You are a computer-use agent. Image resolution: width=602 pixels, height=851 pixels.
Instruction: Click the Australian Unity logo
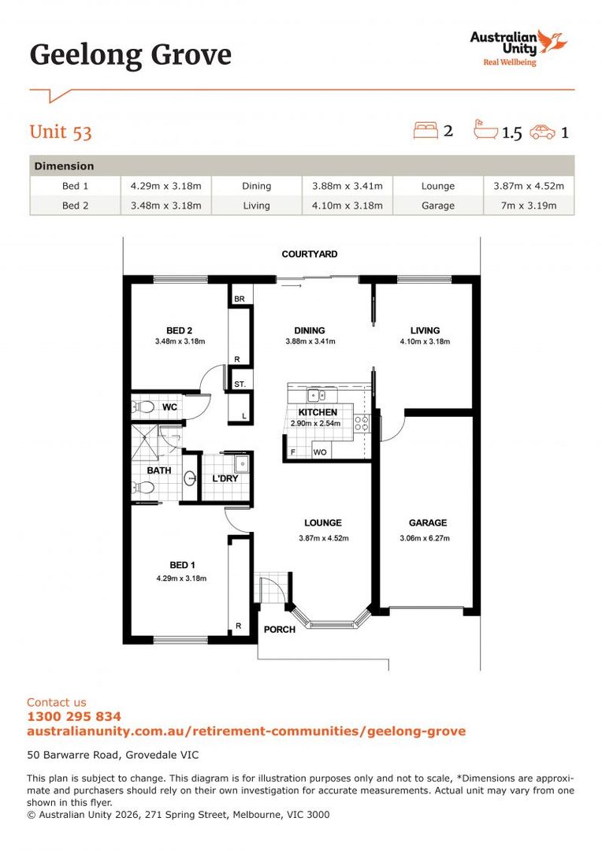click(518, 47)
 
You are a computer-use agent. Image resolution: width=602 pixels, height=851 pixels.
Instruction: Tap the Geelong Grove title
click(131, 55)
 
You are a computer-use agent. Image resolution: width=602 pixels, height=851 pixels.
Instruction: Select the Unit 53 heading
click(61, 132)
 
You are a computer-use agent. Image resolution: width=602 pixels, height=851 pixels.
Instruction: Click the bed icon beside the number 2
click(425, 130)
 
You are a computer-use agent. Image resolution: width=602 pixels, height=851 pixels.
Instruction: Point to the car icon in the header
click(542, 132)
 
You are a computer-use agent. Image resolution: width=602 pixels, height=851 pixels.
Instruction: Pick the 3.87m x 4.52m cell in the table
click(528, 186)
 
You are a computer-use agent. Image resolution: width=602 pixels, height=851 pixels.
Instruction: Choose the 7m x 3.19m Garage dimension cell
click(528, 206)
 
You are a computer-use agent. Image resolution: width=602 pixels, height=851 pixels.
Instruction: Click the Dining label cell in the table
click(256, 186)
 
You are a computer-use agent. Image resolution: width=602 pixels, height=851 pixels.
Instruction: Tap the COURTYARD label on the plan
click(310, 255)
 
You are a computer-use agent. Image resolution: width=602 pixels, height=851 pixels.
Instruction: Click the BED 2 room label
click(180, 330)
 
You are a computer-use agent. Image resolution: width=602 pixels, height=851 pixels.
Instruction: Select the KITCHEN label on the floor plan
click(318, 412)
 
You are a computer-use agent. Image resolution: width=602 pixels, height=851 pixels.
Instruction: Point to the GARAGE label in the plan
click(428, 522)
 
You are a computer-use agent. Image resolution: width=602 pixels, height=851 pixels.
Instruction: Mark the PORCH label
click(280, 630)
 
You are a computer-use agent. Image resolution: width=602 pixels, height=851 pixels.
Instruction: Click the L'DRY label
click(225, 478)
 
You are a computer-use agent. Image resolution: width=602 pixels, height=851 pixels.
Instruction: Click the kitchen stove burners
click(362, 424)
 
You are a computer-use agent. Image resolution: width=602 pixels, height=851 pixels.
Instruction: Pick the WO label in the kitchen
click(320, 452)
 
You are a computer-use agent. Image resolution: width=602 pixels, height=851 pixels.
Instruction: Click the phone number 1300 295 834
click(74, 716)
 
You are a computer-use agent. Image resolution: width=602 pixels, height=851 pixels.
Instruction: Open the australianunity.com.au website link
click(246, 731)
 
